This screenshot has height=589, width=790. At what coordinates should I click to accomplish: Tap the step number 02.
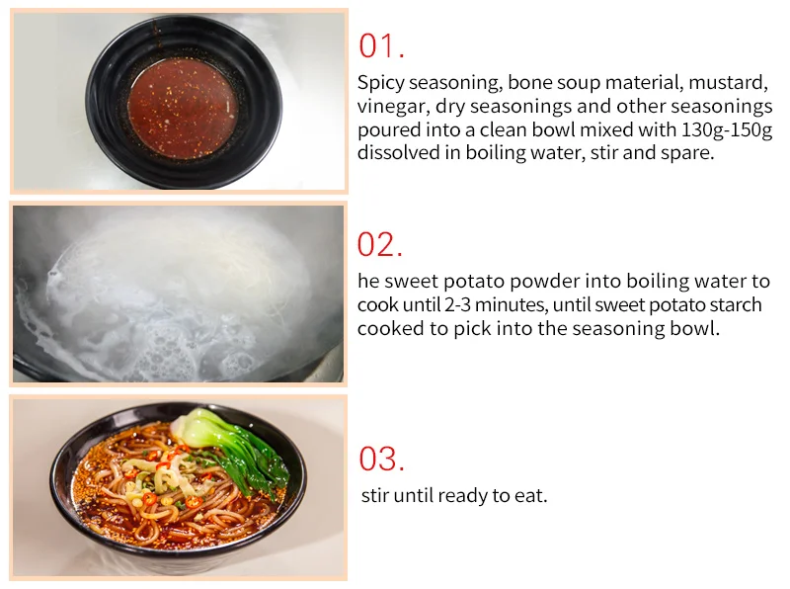coord(381,244)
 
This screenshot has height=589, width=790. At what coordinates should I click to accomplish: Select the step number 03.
coord(381,459)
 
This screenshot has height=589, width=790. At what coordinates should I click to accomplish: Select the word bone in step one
coord(529,81)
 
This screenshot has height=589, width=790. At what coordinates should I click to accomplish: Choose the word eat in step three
coord(530,495)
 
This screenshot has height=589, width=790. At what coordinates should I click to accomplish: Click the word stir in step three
coord(375,495)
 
